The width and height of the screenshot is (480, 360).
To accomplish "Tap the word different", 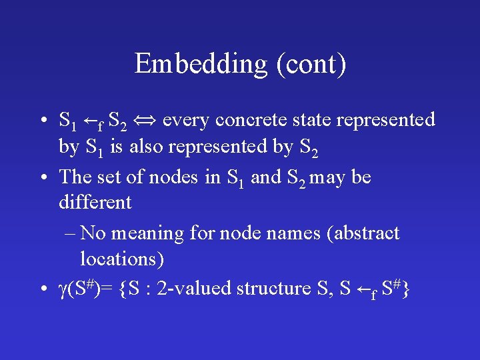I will point(95,201).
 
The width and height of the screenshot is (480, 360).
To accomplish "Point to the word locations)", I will point(122,258).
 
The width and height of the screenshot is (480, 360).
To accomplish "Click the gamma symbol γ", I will point(64,289).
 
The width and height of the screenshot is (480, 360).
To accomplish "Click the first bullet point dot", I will point(43,121).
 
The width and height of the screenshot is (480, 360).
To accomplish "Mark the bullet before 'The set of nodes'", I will point(43,178).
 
